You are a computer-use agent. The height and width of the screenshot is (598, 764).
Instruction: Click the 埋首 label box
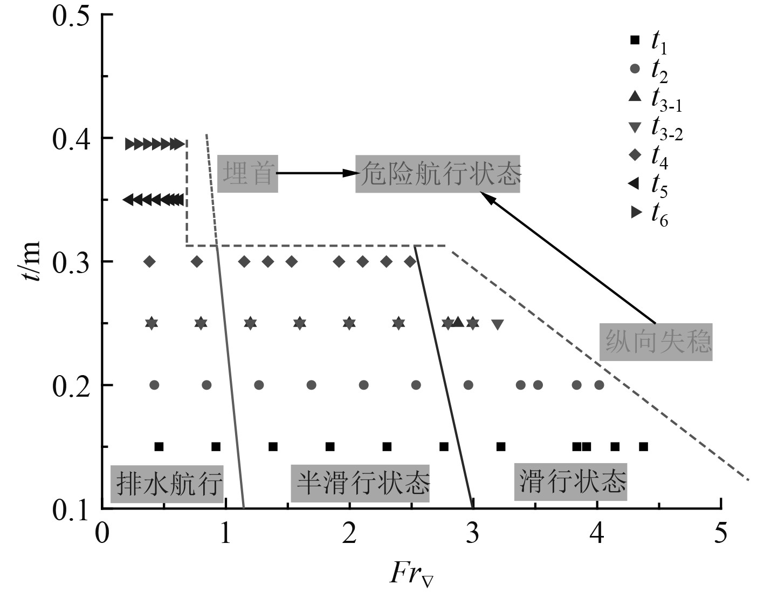(x=247, y=173)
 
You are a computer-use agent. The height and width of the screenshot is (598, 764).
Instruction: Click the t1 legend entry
(x=651, y=41)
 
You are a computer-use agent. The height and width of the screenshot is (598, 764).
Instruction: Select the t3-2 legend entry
(x=657, y=128)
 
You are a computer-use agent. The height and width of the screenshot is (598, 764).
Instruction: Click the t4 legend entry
(x=651, y=156)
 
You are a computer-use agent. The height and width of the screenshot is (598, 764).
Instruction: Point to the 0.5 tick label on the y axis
(x=70, y=15)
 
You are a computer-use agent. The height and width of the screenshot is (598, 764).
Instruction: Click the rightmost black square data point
(x=643, y=446)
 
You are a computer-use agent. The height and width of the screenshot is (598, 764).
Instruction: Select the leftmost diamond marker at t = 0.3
(x=150, y=262)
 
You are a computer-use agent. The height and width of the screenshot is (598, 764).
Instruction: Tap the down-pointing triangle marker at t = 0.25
(x=498, y=324)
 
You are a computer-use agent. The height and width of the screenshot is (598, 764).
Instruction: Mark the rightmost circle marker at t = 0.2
(x=599, y=385)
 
